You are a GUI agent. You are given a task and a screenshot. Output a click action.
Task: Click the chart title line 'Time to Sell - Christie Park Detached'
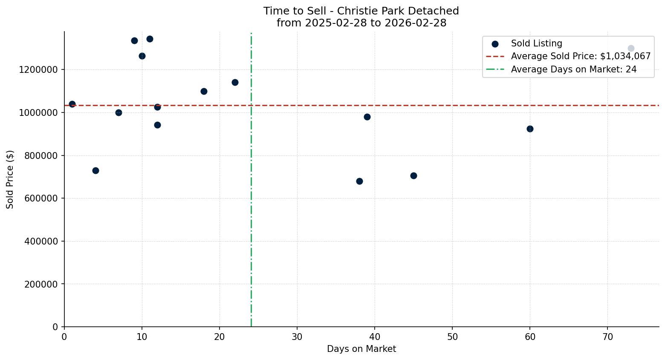click(361, 11)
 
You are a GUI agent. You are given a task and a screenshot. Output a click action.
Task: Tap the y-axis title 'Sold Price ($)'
click(10, 179)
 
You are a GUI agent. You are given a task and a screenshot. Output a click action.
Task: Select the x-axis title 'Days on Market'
click(361, 349)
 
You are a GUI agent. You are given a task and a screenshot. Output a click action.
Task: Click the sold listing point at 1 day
click(72, 104)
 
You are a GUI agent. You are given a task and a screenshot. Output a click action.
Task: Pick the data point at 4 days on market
click(95, 170)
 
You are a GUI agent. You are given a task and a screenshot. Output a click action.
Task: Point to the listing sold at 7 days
click(119, 112)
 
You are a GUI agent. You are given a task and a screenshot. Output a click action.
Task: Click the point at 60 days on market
click(530, 129)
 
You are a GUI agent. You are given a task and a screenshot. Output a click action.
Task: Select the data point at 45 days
click(413, 176)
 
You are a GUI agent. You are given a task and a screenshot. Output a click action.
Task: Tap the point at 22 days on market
click(235, 82)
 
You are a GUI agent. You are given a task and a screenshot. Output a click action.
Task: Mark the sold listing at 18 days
click(204, 91)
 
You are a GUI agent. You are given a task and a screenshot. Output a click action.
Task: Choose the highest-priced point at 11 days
click(150, 39)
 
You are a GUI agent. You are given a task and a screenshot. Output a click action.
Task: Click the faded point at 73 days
click(631, 48)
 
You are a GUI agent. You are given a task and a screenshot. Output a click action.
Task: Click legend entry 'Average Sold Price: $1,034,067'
click(581, 56)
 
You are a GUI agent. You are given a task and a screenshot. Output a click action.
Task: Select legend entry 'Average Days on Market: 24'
click(573, 69)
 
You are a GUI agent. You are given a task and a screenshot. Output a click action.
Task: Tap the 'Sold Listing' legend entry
click(536, 43)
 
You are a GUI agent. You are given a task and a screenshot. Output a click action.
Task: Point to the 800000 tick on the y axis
click(38, 156)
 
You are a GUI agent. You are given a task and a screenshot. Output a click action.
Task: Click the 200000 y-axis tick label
click(38, 284)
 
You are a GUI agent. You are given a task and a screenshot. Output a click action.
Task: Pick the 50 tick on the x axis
click(452, 337)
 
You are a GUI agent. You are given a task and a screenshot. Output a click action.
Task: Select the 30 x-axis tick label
click(297, 337)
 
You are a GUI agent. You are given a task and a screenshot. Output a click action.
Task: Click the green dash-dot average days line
click(251, 213)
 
